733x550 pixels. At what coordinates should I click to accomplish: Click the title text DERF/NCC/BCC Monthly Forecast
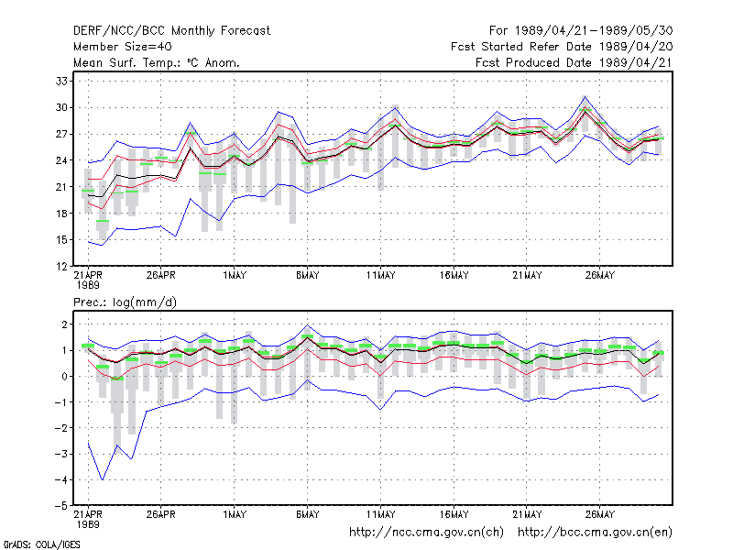pyautogui.click(x=171, y=31)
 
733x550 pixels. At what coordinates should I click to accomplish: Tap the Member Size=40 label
pyautogui.click(x=123, y=47)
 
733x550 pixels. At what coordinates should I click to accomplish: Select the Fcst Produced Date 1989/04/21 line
pyautogui.click(x=574, y=62)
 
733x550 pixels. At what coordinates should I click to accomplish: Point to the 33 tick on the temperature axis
pyautogui.click(x=61, y=81)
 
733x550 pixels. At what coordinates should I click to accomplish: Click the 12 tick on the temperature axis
pyautogui.click(x=61, y=267)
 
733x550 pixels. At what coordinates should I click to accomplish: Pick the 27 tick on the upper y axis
pyautogui.click(x=61, y=134)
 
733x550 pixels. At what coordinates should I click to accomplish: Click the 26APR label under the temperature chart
pyautogui.click(x=161, y=275)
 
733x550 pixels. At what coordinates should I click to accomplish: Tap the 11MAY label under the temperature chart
pyautogui.click(x=380, y=275)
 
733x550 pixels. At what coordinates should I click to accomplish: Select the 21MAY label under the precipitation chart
pyautogui.click(x=527, y=514)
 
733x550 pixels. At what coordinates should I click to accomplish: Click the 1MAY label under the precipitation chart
pyautogui.click(x=235, y=514)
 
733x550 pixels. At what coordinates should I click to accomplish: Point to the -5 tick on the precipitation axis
pyautogui.click(x=60, y=506)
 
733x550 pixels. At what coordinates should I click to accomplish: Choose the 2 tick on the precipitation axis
pyautogui.click(x=64, y=324)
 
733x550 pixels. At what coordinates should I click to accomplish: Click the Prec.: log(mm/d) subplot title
pyautogui.click(x=125, y=302)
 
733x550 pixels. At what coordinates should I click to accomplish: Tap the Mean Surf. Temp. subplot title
pyautogui.click(x=157, y=62)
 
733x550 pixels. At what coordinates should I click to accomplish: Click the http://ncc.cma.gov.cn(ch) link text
pyautogui.click(x=426, y=533)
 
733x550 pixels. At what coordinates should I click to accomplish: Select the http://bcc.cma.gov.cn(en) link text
pyautogui.click(x=595, y=533)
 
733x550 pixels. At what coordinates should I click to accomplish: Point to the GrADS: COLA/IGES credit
pyautogui.click(x=41, y=544)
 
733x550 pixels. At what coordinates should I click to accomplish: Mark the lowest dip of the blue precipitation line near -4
pyautogui.click(x=103, y=479)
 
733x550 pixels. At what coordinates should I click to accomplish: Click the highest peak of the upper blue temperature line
pyautogui.click(x=585, y=96)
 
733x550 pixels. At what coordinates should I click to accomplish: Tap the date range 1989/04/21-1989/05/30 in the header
pyautogui.click(x=594, y=31)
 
